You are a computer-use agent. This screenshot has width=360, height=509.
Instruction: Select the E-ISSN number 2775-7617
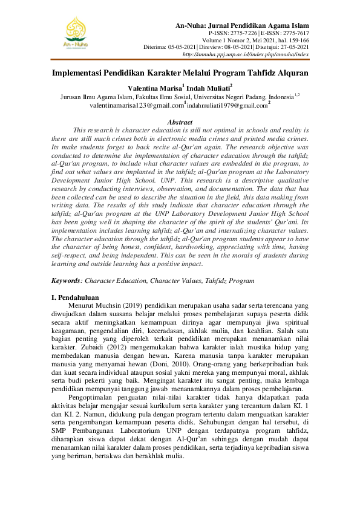point(293,33)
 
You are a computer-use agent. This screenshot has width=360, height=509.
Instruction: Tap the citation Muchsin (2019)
point(120,306)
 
